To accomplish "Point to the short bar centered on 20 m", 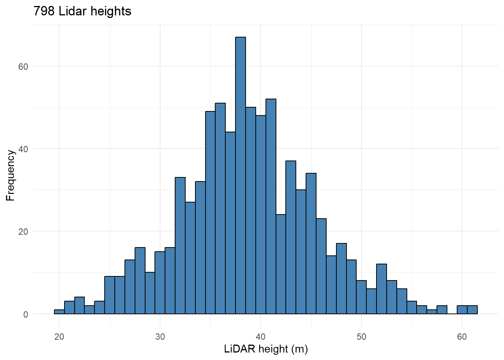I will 59,312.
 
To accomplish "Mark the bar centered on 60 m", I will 462,310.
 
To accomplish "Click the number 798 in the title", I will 44,11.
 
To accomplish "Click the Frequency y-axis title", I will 10,175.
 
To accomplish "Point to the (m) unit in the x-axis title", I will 299,349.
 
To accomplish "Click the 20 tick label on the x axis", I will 59,337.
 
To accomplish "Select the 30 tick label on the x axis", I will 160,337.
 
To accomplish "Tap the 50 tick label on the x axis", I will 361,337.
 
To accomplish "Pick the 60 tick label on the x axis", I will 462,337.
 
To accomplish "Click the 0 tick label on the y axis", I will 25,314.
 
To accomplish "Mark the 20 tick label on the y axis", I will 23,232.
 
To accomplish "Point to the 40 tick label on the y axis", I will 23,149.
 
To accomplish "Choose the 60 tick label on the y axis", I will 23,66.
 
